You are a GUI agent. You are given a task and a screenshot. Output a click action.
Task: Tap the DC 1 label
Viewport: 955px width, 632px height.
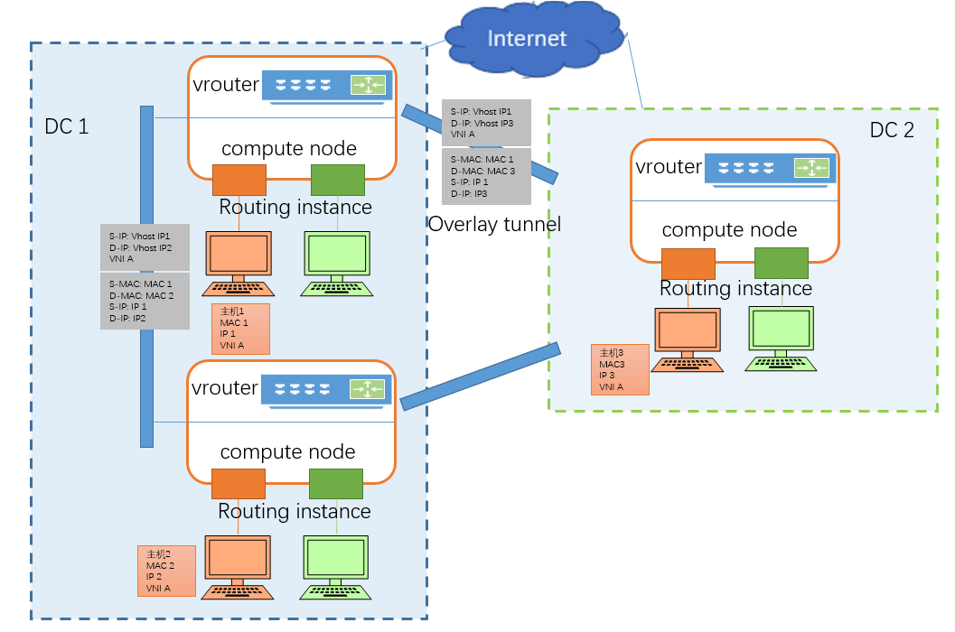click(x=67, y=126)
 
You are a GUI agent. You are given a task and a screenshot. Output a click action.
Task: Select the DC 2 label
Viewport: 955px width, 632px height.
click(x=892, y=130)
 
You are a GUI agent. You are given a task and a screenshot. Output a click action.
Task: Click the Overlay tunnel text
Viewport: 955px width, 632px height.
click(x=494, y=224)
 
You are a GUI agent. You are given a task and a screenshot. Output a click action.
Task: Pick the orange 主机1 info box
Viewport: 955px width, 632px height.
click(x=240, y=329)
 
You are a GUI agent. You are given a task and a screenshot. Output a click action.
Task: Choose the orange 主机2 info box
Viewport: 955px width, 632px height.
click(x=166, y=571)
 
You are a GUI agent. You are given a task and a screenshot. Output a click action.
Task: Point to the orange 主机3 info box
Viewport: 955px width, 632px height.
click(x=620, y=369)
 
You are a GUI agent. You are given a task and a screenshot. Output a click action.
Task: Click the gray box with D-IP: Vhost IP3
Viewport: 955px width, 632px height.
click(x=486, y=123)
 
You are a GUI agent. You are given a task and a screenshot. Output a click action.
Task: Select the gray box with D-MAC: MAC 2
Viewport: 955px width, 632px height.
click(x=145, y=301)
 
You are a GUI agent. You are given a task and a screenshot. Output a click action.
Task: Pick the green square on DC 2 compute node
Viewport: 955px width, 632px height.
click(x=781, y=263)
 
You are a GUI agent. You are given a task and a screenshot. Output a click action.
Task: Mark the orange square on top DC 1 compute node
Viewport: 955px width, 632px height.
click(x=239, y=180)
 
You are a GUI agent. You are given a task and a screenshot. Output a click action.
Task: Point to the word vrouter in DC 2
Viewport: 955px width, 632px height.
click(x=669, y=167)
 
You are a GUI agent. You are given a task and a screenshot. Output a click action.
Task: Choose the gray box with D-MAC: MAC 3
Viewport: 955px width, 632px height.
click(x=486, y=176)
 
